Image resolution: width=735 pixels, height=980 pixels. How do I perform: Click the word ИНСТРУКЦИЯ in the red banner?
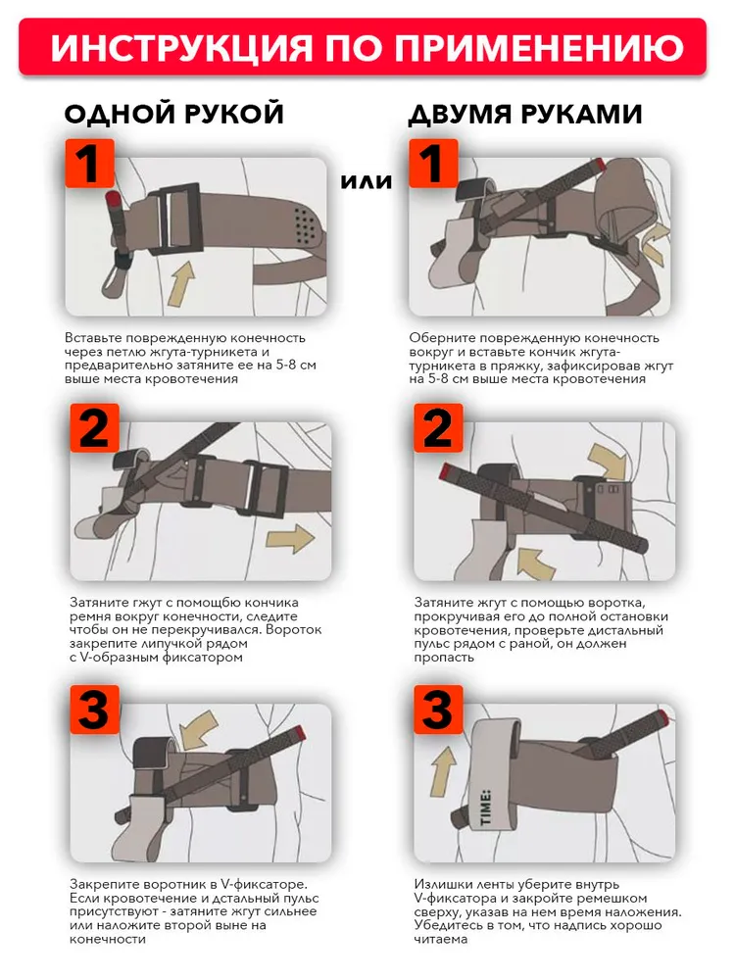[x=181, y=48]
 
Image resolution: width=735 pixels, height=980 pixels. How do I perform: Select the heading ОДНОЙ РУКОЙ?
[x=174, y=114]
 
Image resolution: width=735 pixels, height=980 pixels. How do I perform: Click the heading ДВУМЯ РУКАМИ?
[x=525, y=114]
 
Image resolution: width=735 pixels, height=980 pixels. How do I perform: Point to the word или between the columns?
[x=367, y=181]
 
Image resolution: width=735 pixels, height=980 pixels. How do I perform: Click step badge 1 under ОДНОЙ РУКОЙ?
[x=89, y=163]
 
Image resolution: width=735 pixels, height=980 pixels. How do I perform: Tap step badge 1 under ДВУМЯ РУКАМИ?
[x=433, y=163]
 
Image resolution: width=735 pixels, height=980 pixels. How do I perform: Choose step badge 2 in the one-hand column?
[x=94, y=427]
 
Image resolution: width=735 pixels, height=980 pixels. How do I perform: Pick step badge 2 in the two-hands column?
[x=438, y=427]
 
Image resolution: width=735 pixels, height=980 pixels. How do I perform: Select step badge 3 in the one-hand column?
[x=94, y=710]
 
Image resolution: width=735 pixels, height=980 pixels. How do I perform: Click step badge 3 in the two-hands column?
[x=438, y=710]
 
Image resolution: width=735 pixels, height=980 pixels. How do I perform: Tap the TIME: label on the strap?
[x=486, y=808]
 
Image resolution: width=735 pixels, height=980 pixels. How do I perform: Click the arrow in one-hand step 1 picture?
[x=182, y=284]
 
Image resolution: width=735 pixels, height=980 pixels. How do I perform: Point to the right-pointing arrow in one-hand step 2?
[x=290, y=539]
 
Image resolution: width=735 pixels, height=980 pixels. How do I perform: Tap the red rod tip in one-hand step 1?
[x=113, y=199]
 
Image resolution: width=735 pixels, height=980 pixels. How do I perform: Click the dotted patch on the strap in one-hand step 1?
[x=305, y=225]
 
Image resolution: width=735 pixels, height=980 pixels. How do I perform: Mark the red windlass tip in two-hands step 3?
[x=660, y=713]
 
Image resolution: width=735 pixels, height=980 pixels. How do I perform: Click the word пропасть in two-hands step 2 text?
[x=444, y=659]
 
